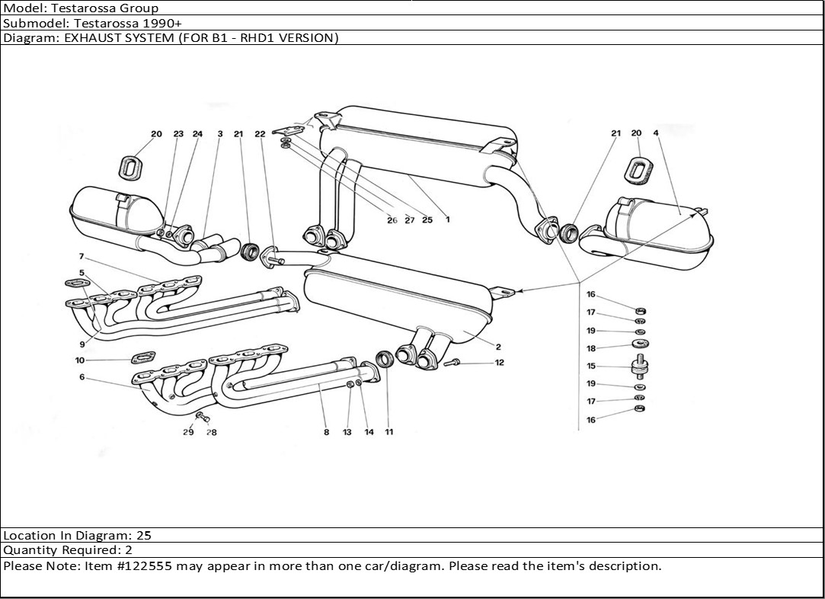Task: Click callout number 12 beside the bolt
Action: pos(499,363)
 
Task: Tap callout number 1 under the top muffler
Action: pos(448,220)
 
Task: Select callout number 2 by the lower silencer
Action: pos(498,348)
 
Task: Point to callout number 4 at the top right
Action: pos(655,133)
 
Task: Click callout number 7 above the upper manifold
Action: pos(81,257)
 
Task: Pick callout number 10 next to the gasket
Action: pos(80,360)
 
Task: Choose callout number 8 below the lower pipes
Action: pos(326,432)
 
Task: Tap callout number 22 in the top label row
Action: pos(260,134)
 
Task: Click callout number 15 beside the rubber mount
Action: pos(591,367)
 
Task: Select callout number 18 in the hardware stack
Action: pos(591,349)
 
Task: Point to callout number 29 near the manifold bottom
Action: pos(187,432)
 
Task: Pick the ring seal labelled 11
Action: pos(386,358)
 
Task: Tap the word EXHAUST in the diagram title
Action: pos(88,37)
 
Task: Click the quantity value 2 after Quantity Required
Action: pos(129,550)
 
